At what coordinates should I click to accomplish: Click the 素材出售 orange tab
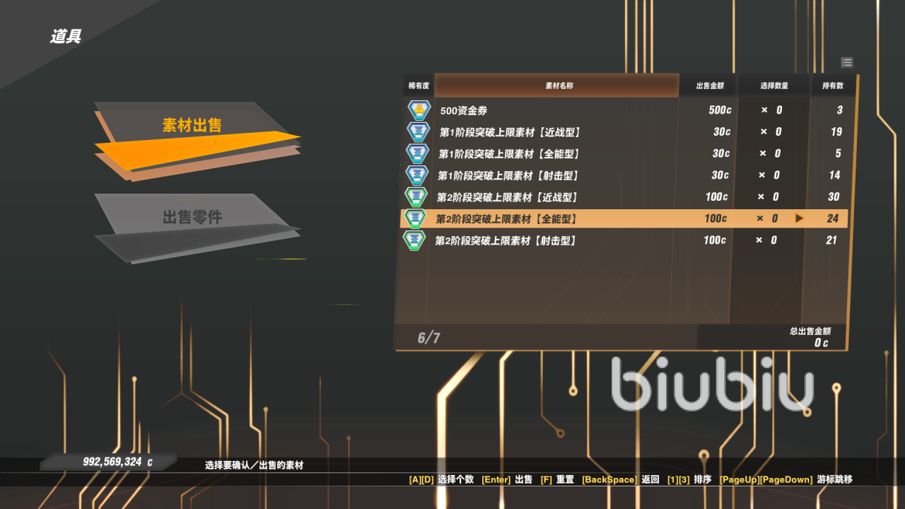point(192,126)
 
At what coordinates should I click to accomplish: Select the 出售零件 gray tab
point(192,217)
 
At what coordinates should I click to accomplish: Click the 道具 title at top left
point(66,37)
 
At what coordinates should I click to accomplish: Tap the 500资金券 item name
point(463,110)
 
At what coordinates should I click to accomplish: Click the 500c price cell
point(720,110)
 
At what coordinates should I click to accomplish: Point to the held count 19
point(836,131)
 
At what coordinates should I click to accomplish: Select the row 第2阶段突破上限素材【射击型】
point(506,240)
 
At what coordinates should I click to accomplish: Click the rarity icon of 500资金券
point(419,110)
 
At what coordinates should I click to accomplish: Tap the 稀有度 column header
point(419,86)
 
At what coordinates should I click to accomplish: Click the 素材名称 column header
point(559,86)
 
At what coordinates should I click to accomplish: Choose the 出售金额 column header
point(709,86)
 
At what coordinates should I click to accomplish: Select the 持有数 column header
point(832,86)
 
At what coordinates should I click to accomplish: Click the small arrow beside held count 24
point(800,218)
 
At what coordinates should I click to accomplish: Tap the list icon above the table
point(847,62)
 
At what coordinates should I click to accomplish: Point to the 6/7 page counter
point(428,338)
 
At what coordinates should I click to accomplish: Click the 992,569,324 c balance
point(117,462)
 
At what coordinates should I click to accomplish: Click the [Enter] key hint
point(496,479)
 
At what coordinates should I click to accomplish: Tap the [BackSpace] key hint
point(609,479)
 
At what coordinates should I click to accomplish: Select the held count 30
point(834,197)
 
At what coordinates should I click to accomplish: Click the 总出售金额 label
point(810,331)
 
